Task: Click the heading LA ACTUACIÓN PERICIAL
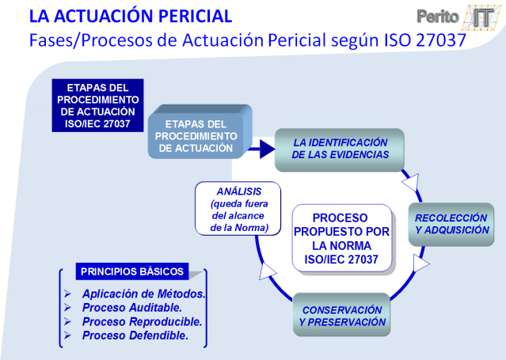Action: point(131,16)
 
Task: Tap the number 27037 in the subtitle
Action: point(432,40)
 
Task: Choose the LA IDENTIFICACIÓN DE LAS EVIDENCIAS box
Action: point(341,149)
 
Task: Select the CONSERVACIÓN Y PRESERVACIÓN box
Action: point(342,316)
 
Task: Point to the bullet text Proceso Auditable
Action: point(131,308)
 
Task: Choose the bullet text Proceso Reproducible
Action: point(142,322)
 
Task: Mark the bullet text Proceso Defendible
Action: point(135,335)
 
